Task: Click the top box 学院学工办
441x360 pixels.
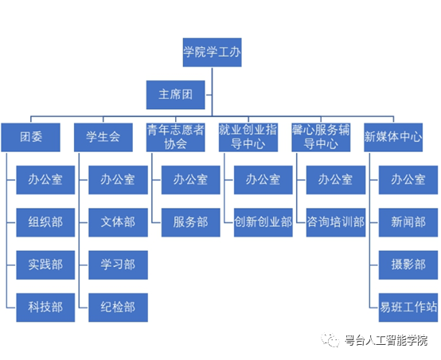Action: (x=212, y=53)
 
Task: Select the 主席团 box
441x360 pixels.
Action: (x=175, y=95)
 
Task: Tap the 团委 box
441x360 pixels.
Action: (x=31, y=137)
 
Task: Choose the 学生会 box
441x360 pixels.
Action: (x=103, y=137)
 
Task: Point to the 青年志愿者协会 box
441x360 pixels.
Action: (x=175, y=137)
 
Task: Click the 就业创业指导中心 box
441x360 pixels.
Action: (x=248, y=137)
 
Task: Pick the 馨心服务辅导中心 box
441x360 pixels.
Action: (x=321, y=137)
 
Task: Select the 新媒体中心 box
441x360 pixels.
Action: (x=393, y=137)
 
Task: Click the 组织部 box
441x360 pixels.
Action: (x=45, y=222)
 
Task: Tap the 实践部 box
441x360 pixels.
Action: (x=45, y=265)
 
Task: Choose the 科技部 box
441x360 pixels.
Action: (x=45, y=307)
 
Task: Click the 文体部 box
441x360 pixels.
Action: (x=118, y=222)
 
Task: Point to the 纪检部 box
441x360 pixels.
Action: (x=118, y=307)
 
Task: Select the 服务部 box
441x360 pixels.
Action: (x=191, y=222)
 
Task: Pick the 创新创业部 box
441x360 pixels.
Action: (x=263, y=222)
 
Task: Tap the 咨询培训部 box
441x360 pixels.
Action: (x=336, y=222)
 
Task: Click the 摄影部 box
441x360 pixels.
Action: (x=408, y=265)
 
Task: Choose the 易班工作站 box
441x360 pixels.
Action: (x=408, y=307)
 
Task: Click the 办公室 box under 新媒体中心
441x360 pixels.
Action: (x=408, y=180)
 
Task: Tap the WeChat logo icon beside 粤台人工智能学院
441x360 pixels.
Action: (x=330, y=340)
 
